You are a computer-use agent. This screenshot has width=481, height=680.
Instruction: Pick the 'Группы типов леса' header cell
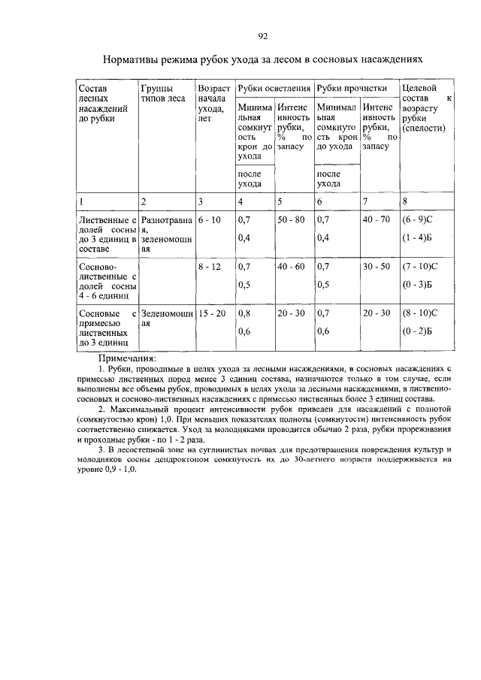tap(162, 93)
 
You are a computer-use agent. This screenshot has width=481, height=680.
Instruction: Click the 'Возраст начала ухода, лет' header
tap(213, 104)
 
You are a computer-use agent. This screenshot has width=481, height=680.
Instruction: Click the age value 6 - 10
tap(208, 220)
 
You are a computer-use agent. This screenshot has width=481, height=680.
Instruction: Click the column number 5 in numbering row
tap(280, 201)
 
